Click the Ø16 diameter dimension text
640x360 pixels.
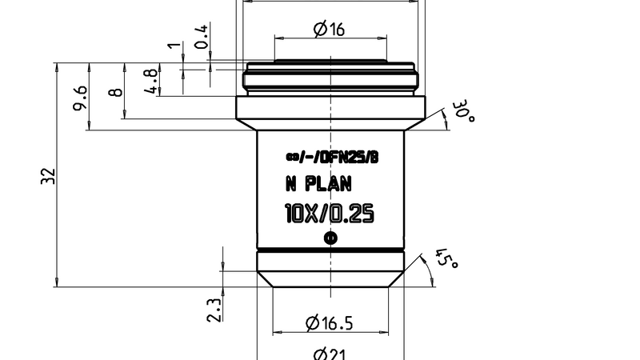pyautogui.click(x=329, y=30)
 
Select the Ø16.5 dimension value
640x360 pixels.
pyautogui.click(x=329, y=323)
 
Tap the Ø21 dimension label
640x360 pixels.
pyautogui.click(x=329, y=354)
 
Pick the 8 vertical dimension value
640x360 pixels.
pyautogui.click(x=117, y=92)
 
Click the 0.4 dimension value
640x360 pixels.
pyautogui.click(x=202, y=36)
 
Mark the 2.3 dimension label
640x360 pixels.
pyautogui.click(x=214, y=310)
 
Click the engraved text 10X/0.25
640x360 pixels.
pyautogui.click(x=329, y=214)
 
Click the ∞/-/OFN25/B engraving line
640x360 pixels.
pyautogui.click(x=330, y=158)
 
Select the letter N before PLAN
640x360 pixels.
pyautogui.click(x=291, y=185)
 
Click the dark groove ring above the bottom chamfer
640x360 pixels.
pyautogui.click(x=330, y=250)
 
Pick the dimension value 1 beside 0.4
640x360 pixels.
pyautogui.click(x=170, y=46)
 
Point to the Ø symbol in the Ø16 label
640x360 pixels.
pyautogui.click(x=320, y=30)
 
